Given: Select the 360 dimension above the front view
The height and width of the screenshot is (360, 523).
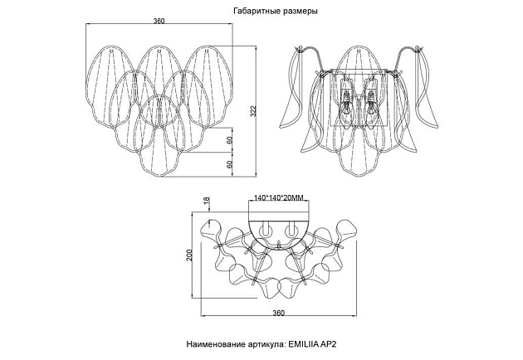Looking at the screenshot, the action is (x=159, y=21).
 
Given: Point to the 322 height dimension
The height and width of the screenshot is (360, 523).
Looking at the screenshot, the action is (x=253, y=110).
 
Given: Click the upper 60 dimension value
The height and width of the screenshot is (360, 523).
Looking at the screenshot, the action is (x=229, y=140).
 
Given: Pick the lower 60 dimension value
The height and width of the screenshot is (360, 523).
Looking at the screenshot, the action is (x=229, y=164).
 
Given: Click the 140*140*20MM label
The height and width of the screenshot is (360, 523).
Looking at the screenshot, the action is (x=278, y=198).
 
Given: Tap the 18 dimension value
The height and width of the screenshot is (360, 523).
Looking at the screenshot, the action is (x=207, y=200).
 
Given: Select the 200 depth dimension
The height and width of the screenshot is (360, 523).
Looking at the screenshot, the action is (x=189, y=255).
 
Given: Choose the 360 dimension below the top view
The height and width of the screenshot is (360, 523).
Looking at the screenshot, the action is (x=278, y=313).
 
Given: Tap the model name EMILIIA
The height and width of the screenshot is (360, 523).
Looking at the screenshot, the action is (x=303, y=344).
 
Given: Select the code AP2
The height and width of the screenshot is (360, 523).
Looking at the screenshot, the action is (x=328, y=344).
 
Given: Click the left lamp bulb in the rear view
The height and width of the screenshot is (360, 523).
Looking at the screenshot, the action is (x=347, y=103).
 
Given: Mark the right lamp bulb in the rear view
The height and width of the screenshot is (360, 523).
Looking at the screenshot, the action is (x=369, y=103).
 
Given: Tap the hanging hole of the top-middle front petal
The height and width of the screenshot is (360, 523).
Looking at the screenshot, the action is (x=159, y=51).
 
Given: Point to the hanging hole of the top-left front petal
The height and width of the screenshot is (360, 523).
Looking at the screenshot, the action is (x=111, y=51).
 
